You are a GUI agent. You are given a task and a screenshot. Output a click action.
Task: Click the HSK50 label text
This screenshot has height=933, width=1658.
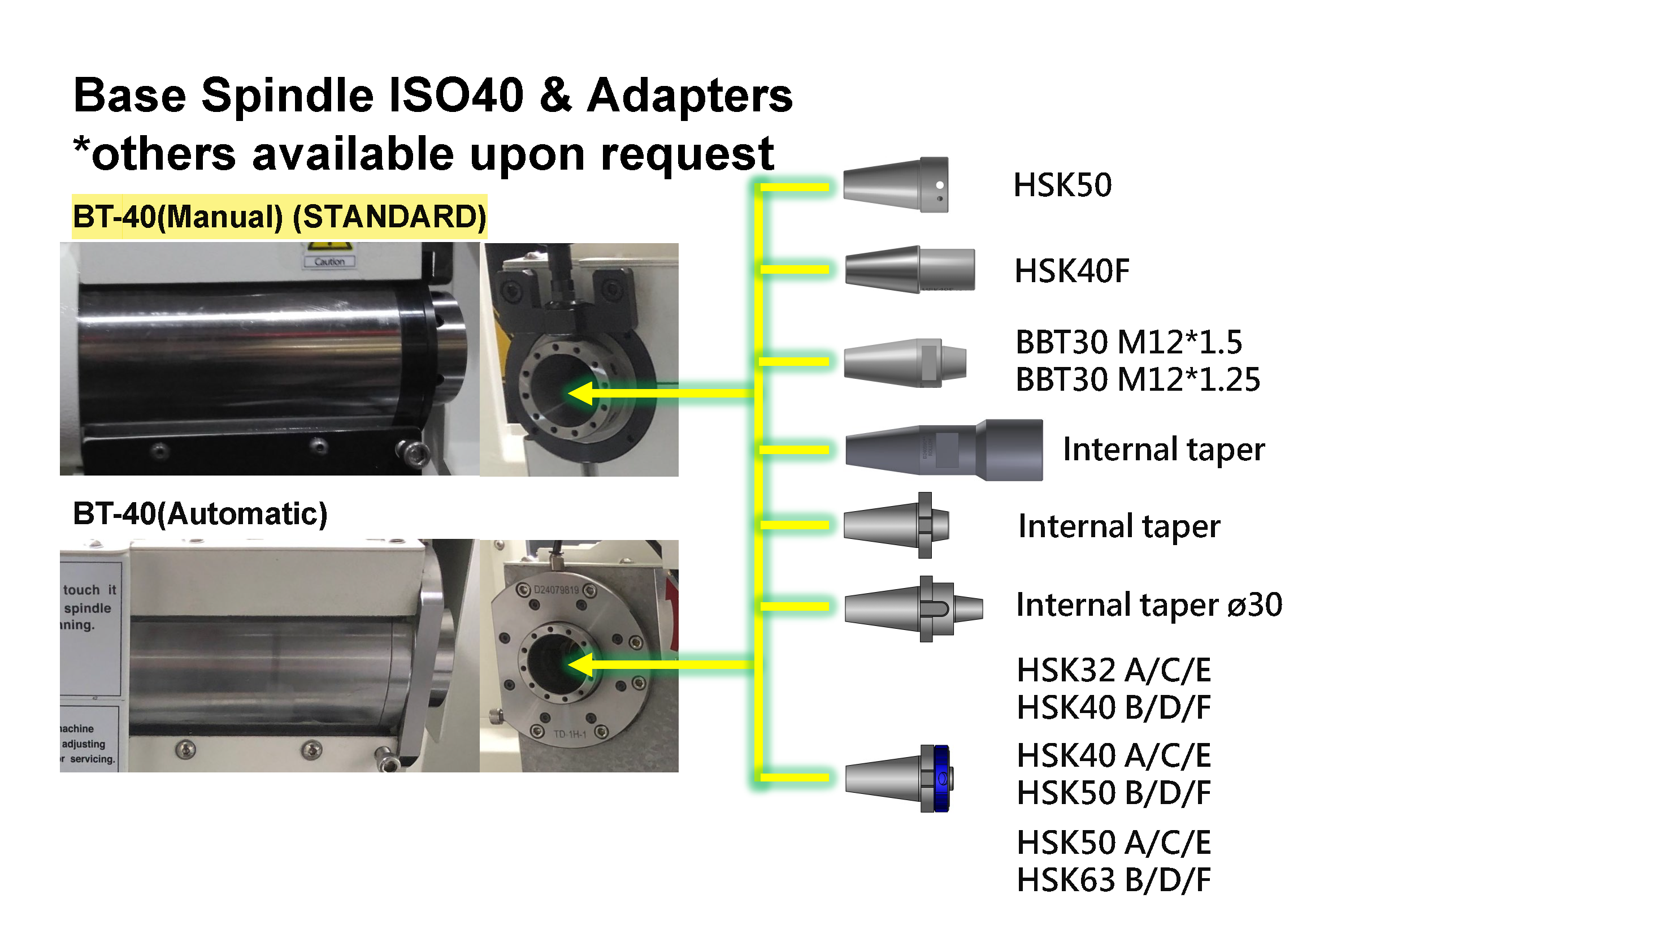(x=1062, y=185)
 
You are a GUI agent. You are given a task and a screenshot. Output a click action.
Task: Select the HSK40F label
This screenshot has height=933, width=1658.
(x=1071, y=271)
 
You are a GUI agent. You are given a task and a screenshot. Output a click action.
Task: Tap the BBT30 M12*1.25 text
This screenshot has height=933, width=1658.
(x=1138, y=379)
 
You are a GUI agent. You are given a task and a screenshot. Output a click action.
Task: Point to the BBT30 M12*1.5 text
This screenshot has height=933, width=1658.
(x=1129, y=342)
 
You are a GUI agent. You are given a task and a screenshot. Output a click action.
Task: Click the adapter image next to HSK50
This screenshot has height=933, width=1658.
(x=895, y=185)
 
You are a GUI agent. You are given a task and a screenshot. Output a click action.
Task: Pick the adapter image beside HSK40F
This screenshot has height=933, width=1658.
(x=909, y=269)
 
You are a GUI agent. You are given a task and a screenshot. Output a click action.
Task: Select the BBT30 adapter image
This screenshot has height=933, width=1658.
(x=905, y=363)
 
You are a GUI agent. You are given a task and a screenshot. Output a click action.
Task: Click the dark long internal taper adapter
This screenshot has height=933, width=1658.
(x=944, y=450)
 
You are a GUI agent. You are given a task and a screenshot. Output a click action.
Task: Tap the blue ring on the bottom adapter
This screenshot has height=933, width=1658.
(x=942, y=779)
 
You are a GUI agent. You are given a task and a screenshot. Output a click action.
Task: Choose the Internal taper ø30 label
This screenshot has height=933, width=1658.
(x=1149, y=605)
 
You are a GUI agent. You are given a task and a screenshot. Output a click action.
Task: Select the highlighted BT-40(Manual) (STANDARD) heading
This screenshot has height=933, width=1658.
(x=279, y=217)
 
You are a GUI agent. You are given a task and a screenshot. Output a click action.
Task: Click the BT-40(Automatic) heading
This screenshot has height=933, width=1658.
(x=200, y=514)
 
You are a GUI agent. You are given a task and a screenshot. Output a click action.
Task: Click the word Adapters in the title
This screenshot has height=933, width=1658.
(x=689, y=96)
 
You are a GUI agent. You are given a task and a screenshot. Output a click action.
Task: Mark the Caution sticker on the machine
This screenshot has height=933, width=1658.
(x=329, y=261)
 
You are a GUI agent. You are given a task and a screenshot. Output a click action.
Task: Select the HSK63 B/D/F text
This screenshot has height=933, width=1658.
(x=1113, y=880)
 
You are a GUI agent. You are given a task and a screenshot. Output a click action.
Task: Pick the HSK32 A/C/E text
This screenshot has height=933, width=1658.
(x=1113, y=670)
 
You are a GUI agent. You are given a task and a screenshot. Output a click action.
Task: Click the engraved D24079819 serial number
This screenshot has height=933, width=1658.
(x=556, y=590)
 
